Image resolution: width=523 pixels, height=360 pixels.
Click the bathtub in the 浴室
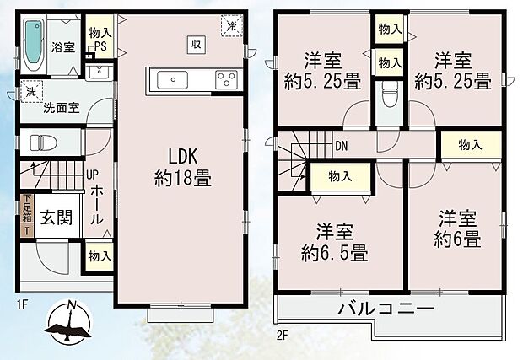[35, 44]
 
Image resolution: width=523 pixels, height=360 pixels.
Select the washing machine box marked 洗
[30, 90]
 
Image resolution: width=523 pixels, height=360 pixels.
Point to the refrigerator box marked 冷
[231, 26]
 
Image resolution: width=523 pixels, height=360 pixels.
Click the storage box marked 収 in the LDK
[195, 44]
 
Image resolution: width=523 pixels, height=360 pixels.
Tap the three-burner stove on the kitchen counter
[226, 80]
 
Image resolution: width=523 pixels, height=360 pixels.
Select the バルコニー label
[389, 310]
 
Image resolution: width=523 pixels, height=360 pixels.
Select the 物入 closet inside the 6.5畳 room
[339, 177]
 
